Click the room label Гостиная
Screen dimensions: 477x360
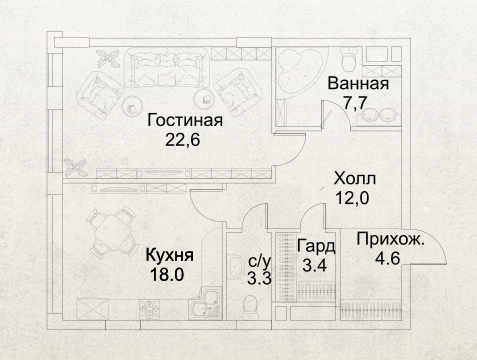185,121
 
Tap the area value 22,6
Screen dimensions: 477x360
183,140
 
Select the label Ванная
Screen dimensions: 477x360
358,83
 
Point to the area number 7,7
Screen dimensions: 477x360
355,102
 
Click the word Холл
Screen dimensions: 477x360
355,179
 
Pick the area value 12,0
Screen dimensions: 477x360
353,198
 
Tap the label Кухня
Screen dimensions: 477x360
170,255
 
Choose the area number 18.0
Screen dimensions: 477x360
167,275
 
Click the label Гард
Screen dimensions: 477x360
316,247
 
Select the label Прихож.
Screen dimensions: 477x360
391,239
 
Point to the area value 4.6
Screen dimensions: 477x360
388,259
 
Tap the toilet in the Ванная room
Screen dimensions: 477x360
349,59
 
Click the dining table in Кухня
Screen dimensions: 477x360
112,233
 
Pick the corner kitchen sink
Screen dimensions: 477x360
204,303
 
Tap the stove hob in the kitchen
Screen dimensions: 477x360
149,309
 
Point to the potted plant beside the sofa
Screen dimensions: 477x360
108,59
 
